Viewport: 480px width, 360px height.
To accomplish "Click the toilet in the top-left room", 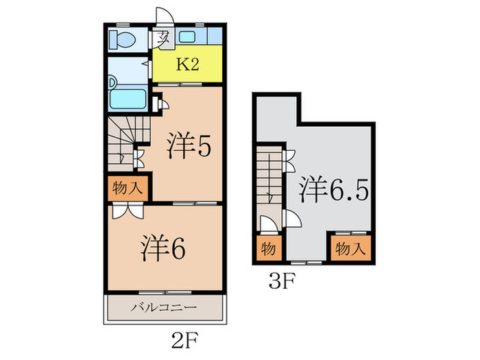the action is [x=123, y=40].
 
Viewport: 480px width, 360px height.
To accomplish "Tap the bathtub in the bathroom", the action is [x=128, y=99].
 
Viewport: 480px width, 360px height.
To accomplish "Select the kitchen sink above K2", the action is [x=187, y=37].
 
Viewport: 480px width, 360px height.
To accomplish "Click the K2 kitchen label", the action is [x=187, y=64].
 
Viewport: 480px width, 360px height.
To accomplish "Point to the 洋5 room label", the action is [x=189, y=145].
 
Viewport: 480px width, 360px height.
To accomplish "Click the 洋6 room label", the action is [x=163, y=248].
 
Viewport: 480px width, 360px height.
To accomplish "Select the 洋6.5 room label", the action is [x=333, y=190].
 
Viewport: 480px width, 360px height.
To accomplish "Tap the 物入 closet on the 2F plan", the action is [x=128, y=188].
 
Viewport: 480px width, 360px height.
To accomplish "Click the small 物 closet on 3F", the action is [x=269, y=248].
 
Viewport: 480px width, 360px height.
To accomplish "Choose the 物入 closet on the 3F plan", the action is [x=351, y=248].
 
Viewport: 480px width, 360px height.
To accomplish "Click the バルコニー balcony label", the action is [x=164, y=307].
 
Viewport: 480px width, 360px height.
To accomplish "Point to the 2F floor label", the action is [x=184, y=340].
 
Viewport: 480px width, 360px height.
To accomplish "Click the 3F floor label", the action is [x=282, y=281].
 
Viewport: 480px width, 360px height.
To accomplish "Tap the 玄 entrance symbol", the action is [x=163, y=38].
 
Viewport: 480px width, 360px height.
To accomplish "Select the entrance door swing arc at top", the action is [x=165, y=14].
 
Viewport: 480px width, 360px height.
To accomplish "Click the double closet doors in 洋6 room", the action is [x=128, y=211].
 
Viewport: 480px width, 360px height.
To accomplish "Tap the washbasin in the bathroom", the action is [x=112, y=82].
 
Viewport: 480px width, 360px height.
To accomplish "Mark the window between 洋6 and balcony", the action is [x=165, y=293].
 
